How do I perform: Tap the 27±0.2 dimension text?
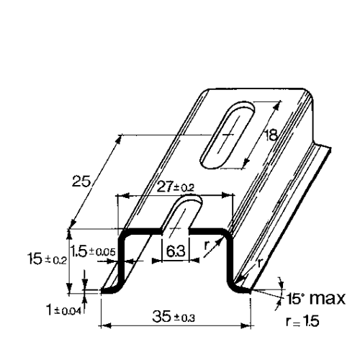[175, 186]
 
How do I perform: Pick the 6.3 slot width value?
[174, 253]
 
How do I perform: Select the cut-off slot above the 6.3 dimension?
[180, 217]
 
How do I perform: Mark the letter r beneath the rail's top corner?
[207, 245]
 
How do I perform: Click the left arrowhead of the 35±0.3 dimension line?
[103, 325]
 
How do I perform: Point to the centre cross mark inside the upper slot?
[228, 135]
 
